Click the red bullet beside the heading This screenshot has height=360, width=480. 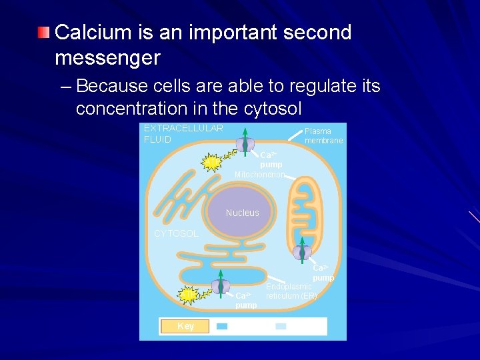[x=43, y=33]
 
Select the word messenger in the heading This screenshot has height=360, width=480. [x=107, y=58]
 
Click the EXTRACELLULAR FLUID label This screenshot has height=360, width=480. [x=183, y=133]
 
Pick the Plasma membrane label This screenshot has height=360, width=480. [x=323, y=135]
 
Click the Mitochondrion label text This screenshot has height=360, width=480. [x=259, y=175]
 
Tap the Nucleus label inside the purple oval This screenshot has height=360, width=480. [x=242, y=213]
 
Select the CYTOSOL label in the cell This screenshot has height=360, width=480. [x=176, y=233]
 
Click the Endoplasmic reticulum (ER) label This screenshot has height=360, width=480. [x=291, y=291]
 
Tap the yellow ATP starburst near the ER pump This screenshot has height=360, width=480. [x=188, y=295]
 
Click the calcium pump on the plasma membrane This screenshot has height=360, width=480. [x=245, y=145]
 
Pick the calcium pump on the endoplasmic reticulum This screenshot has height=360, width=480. [x=220, y=287]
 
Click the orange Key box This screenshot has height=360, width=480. [x=185, y=326]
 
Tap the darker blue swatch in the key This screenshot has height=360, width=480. [x=222, y=326]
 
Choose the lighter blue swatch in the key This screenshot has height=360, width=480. [x=281, y=326]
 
